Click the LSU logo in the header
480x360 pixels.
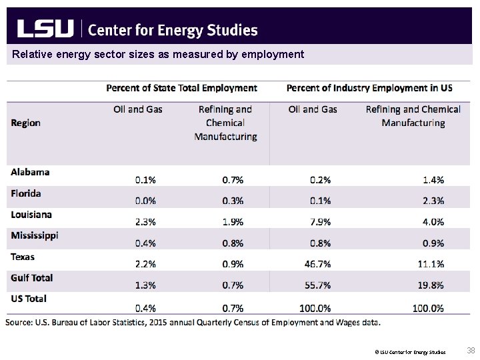tap(45, 29)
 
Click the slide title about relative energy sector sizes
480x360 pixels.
tap(158, 54)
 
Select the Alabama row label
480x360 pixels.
tap(30, 172)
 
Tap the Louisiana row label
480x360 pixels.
tap(31, 215)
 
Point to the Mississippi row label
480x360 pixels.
tap(35, 235)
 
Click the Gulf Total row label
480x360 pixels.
tap(32, 277)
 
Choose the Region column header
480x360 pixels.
tap(25, 123)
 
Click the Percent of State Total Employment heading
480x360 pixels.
tap(182, 88)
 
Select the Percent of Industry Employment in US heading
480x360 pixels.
tap(369, 88)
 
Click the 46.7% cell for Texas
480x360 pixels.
tap(317, 264)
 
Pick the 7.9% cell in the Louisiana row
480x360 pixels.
tap(321, 222)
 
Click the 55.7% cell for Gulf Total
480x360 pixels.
tap(317, 285)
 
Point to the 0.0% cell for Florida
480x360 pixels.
tap(146, 201)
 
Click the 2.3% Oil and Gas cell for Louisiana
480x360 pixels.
tap(146, 222)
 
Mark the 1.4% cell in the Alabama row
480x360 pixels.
tap(434, 179)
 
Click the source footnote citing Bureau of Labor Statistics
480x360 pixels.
tap(193, 323)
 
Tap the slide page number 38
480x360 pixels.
tap(471, 351)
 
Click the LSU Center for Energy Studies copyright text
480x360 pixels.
tap(410, 351)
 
